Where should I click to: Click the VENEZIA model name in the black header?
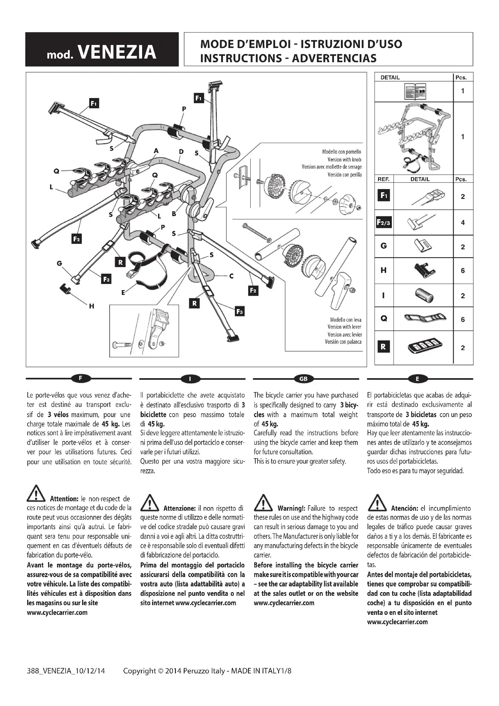point(117,52)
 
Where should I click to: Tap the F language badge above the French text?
point(81,379)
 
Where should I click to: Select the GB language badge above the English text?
point(303,379)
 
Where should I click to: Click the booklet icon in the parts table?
point(415,91)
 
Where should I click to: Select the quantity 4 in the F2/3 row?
point(463,222)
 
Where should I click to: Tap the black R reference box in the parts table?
point(383,347)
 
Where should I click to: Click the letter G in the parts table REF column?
point(383,246)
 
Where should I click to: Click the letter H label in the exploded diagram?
point(92,306)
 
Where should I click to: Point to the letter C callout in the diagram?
point(231,276)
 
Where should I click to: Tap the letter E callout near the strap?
point(123,292)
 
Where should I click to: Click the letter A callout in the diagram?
point(156,151)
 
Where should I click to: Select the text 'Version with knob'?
point(344,160)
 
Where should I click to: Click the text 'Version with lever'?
point(344,327)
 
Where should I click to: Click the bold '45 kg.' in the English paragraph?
point(270,424)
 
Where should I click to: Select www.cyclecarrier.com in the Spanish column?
point(397,622)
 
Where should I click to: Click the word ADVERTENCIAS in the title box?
point(334,58)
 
